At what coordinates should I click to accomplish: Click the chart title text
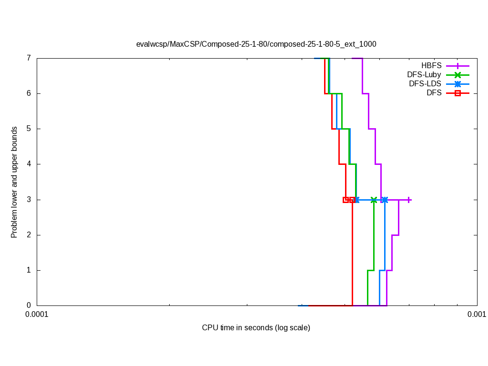[256, 44]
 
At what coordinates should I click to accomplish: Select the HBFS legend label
[431, 66]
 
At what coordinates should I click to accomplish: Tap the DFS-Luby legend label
[424, 75]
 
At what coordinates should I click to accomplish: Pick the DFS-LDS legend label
[425, 84]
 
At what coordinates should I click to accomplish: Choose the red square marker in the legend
[457, 93]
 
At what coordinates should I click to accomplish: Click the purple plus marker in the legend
[457, 66]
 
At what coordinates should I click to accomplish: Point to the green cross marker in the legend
[457, 75]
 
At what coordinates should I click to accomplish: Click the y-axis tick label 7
[29, 58]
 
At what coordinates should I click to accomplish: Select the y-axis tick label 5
[29, 129]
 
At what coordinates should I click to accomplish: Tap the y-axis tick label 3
[29, 200]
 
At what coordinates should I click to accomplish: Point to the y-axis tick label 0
[29, 305]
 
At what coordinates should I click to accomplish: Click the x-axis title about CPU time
[256, 328]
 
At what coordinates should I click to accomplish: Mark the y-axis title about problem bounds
[14, 182]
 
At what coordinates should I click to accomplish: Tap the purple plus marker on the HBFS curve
[409, 200]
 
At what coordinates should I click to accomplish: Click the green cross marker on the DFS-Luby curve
[374, 200]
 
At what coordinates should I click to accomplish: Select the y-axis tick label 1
[29, 270]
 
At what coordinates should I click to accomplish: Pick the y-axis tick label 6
[29, 93]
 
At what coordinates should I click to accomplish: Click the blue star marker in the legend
[457, 84]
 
